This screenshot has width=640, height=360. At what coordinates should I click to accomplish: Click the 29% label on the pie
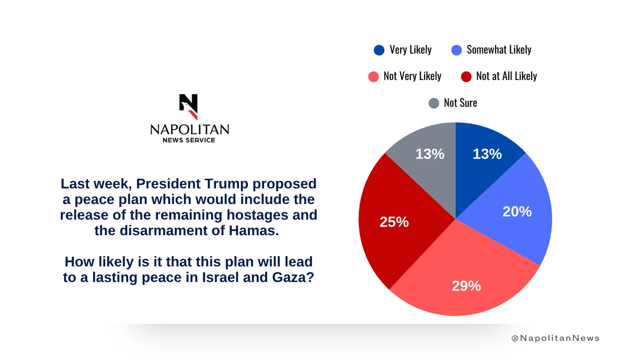point(466,286)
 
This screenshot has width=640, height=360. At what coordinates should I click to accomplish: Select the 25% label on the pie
point(394,222)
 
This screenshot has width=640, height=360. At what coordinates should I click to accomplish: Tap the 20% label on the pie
point(517,212)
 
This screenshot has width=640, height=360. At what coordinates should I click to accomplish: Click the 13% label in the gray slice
point(430,154)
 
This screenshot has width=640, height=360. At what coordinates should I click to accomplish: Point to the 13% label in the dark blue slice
point(487,154)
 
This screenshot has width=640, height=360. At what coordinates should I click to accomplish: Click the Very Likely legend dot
point(379,50)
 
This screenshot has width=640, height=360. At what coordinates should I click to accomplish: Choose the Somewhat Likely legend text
point(499,50)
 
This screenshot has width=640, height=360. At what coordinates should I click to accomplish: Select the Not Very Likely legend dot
point(373,76)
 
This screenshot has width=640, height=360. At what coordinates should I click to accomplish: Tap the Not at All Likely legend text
point(506,76)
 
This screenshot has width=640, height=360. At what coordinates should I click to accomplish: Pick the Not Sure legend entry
point(453,103)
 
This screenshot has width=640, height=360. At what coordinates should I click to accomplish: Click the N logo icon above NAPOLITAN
point(189,106)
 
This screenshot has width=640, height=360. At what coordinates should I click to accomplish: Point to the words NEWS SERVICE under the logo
point(189,140)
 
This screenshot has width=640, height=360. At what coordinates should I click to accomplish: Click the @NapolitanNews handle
point(555,338)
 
